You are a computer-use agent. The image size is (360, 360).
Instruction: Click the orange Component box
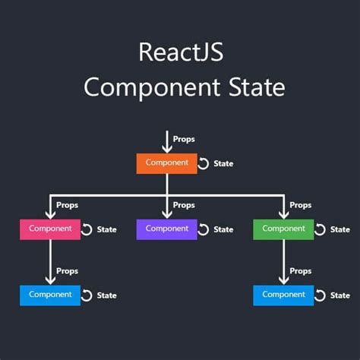pos(166,163)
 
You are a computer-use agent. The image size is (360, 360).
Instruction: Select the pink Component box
pos(50,229)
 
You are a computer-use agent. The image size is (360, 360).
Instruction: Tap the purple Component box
pos(166,229)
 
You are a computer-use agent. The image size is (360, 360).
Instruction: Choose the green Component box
pos(283,229)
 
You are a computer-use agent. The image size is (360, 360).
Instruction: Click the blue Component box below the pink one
pos(50,295)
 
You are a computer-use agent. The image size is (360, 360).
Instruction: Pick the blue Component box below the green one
pos(283,295)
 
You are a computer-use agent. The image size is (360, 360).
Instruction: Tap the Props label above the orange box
pos(184,140)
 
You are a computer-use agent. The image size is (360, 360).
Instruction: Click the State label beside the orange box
pos(223,164)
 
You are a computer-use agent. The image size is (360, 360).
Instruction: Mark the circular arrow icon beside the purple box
pos(203,229)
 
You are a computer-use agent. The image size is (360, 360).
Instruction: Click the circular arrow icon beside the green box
pos(320,229)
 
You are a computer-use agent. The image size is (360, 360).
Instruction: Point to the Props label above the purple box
pos(184,205)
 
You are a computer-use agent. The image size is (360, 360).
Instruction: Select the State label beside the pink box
pos(107,229)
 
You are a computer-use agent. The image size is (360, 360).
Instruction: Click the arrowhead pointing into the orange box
pos(166,149)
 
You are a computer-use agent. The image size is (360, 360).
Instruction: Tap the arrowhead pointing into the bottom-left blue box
pos(50,281)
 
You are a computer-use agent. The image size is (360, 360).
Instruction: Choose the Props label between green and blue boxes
pos(301,271)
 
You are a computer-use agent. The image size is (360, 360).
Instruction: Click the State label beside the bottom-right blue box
pos(340,295)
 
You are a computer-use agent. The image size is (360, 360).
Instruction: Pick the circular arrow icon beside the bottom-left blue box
pos(87,295)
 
